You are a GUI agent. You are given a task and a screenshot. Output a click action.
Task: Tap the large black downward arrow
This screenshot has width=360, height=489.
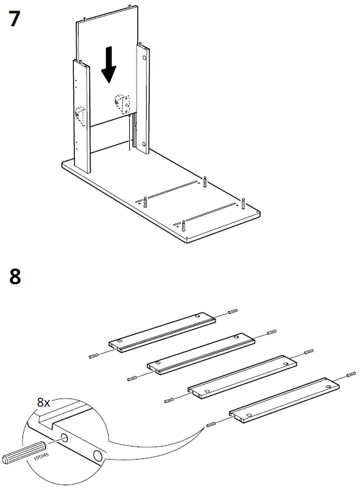point(109,67)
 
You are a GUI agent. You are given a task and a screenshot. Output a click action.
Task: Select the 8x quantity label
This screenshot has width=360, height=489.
point(43,403)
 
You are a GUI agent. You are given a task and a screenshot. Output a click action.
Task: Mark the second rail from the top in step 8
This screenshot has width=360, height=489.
point(202,353)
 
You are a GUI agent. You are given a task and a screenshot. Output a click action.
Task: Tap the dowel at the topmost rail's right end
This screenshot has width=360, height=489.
point(233,312)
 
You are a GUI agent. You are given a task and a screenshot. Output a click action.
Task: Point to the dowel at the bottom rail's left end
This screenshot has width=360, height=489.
point(212,424)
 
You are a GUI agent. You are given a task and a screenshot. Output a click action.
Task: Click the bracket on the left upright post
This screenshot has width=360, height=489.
point(80,115)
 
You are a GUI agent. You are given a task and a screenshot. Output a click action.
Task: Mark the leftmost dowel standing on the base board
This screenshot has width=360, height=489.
point(144,202)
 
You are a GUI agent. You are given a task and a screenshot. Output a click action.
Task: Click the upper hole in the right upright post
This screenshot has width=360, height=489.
point(145,57)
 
